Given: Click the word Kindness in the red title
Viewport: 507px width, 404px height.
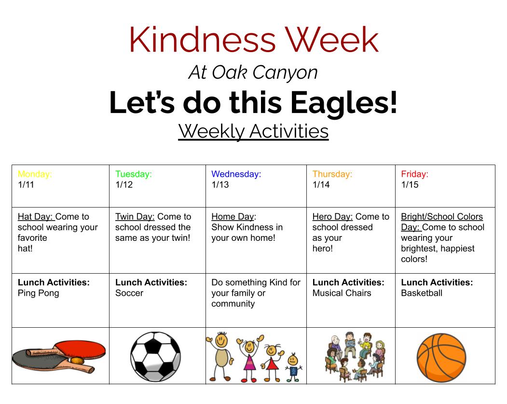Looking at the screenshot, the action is click(203, 40).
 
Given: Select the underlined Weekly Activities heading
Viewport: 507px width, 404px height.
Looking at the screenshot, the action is click(253, 131).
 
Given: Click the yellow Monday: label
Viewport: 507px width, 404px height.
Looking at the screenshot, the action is click(35, 174).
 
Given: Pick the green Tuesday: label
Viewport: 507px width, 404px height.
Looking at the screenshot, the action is click(133, 174).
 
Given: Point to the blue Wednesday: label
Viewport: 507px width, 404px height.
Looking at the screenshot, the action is click(236, 174).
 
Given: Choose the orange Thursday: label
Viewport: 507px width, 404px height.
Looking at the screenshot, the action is click(332, 174).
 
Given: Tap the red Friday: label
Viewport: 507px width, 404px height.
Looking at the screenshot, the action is click(414, 174).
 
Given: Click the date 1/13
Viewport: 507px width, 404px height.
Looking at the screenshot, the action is click(220, 185).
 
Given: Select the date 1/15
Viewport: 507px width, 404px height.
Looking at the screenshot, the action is click(410, 185).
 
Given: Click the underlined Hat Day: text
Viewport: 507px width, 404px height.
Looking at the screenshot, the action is click(35, 217).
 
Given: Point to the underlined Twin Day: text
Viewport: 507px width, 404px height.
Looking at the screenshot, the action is click(135, 217).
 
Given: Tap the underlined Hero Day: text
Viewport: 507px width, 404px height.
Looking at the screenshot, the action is click(332, 217).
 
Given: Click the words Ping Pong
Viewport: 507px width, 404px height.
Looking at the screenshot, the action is click(39, 293).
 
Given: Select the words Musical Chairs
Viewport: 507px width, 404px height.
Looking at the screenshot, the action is click(342, 293).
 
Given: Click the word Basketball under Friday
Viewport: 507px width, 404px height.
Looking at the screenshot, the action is click(422, 293).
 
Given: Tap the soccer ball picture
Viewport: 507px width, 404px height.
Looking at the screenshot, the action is click(155, 356).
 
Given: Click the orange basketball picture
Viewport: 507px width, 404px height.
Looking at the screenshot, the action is click(441, 358).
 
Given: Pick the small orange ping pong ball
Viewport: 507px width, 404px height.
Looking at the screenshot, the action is click(77, 361).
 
